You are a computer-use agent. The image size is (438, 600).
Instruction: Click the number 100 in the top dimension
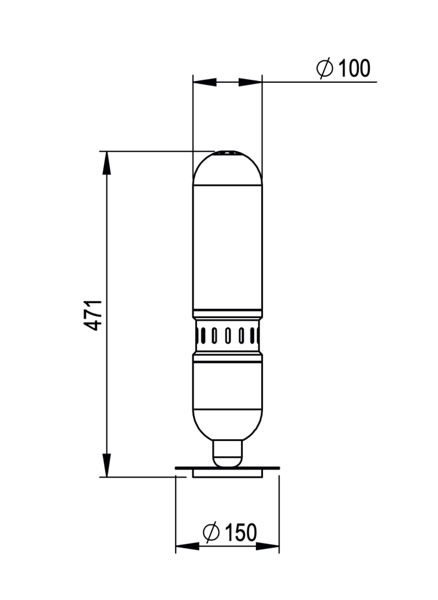[x=354, y=68]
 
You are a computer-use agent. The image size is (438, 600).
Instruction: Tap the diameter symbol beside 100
[x=325, y=68]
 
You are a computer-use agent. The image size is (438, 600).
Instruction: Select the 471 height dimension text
[x=93, y=315]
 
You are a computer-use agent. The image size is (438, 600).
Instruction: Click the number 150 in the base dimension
[x=241, y=532]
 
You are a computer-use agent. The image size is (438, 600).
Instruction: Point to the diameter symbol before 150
[x=212, y=532]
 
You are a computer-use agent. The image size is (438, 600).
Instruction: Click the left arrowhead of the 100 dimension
[x=205, y=82]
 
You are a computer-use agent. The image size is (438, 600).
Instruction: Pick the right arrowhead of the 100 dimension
[x=250, y=82]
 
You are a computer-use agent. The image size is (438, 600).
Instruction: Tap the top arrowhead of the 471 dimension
[x=107, y=163]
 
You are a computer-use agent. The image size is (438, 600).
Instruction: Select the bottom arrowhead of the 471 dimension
[x=107, y=466]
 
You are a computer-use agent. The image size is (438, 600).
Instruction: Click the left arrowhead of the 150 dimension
[x=188, y=547]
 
